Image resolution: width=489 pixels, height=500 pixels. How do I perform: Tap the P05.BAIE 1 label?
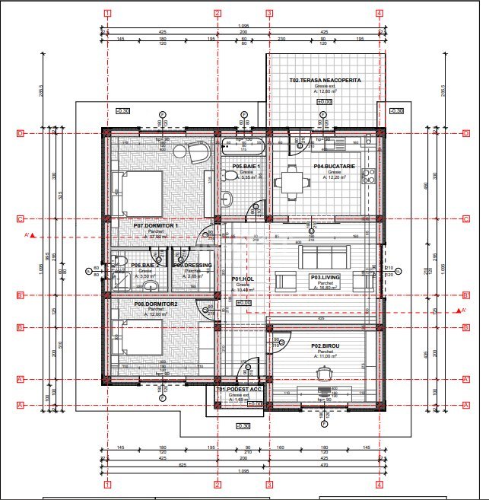[x=246, y=166]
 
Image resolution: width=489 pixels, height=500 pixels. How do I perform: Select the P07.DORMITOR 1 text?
[x=155, y=225]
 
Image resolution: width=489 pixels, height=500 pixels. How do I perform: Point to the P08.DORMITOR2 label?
[x=155, y=304]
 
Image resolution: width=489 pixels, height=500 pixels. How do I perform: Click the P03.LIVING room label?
[x=325, y=278]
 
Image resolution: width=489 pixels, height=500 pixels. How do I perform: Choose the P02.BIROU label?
[x=325, y=346]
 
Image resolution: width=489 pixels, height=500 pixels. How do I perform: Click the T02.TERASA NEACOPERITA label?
[x=325, y=80]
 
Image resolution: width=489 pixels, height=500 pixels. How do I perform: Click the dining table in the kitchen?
[x=293, y=181]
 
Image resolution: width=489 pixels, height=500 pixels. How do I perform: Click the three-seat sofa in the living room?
[x=325, y=253]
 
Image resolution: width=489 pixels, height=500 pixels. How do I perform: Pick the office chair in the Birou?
[x=325, y=371]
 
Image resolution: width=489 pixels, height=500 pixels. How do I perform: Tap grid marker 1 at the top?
[x=108, y=13]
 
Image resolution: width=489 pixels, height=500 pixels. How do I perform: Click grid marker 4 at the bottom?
[x=379, y=484]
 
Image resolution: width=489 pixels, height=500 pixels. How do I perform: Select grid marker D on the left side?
[x=20, y=134]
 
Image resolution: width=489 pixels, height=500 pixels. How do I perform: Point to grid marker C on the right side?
[x=465, y=219]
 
